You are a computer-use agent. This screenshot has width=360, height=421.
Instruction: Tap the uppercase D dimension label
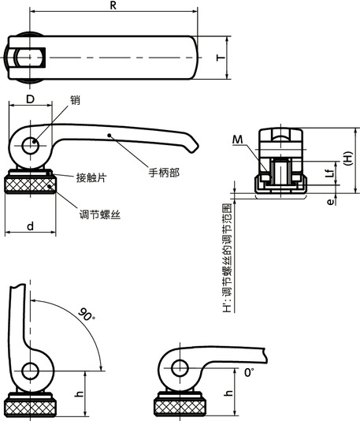click(x=30, y=100)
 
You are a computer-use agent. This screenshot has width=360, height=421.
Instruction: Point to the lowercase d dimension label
click(x=30, y=226)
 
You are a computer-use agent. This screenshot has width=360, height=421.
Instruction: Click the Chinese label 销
click(x=75, y=100)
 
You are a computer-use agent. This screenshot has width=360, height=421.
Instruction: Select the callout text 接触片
click(x=91, y=178)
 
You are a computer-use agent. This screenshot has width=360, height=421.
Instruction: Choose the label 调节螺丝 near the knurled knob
click(x=99, y=214)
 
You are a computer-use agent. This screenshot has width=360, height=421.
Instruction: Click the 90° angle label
click(x=87, y=315)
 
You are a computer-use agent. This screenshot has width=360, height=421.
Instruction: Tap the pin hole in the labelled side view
click(x=31, y=145)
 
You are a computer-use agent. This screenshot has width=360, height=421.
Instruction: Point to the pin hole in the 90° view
click(x=31, y=370)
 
